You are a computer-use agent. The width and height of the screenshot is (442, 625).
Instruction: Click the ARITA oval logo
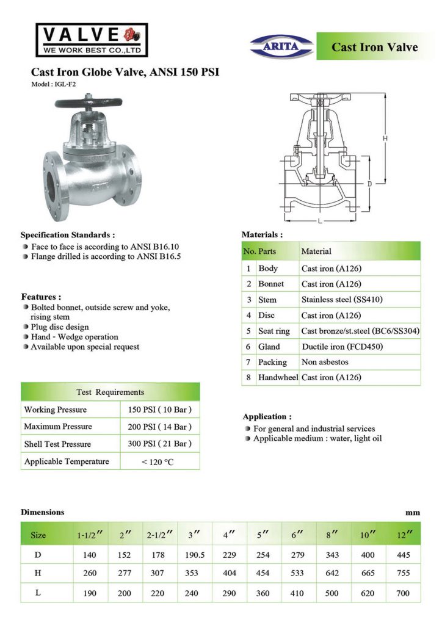click(281, 46)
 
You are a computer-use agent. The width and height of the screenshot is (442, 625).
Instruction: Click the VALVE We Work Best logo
click(92, 39)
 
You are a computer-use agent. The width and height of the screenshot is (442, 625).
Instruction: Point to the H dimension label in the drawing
click(385, 139)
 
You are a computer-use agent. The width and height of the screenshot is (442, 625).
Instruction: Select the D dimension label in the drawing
click(370, 183)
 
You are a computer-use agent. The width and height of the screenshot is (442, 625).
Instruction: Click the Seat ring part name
click(274, 331)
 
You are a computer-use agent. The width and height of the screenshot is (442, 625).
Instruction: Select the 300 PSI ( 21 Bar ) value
click(160, 444)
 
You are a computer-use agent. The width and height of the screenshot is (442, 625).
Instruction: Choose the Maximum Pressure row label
click(58, 427)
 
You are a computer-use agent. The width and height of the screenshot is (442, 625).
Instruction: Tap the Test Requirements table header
click(111, 392)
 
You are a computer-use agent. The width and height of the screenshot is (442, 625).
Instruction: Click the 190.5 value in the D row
click(195, 555)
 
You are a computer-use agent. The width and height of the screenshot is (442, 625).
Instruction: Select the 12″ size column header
click(403, 535)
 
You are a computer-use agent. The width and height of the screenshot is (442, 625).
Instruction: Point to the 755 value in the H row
click(403, 574)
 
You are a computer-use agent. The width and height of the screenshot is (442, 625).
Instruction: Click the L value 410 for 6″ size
click(297, 593)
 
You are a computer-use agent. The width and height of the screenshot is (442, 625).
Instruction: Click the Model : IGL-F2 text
click(54, 84)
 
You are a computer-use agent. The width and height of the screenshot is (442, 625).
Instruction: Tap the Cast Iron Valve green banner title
click(374, 48)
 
